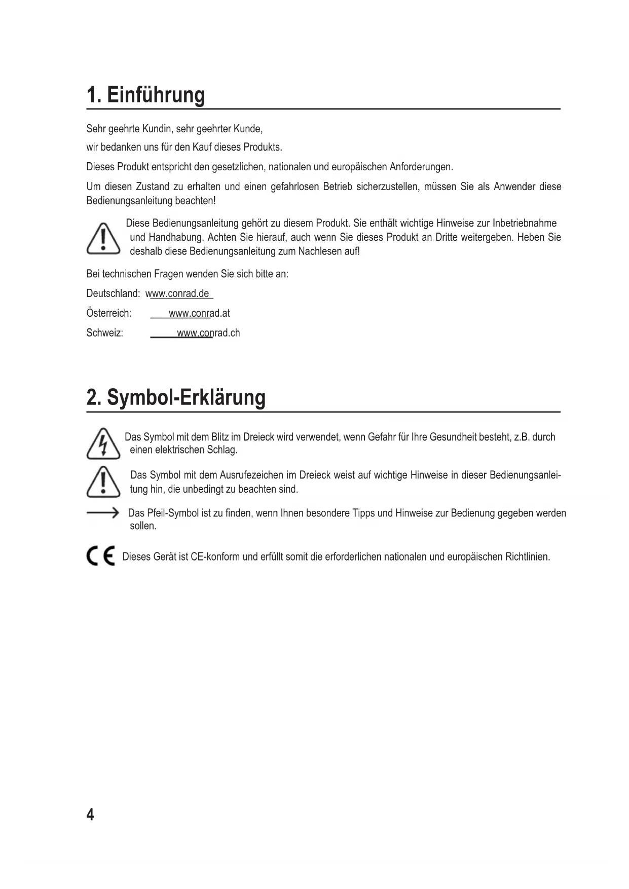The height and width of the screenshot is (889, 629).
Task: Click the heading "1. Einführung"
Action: (146, 95)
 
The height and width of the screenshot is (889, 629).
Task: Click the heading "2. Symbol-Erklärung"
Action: (176, 398)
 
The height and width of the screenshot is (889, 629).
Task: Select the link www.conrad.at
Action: (199, 314)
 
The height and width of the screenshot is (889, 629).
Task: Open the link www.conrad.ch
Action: (208, 334)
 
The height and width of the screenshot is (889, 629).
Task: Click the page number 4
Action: (90, 815)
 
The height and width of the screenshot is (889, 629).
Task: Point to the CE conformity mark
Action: (101, 557)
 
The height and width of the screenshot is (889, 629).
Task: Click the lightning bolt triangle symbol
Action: (103, 444)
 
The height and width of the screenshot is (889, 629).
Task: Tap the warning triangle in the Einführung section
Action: (103, 238)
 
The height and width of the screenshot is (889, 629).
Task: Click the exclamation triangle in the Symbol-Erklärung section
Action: (103, 482)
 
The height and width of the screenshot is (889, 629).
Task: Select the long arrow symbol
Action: (102, 513)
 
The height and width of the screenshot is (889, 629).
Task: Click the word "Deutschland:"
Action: (113, 294)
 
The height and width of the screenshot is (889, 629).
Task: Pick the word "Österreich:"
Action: (109, 314)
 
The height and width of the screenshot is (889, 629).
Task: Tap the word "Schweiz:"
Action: (105, 334)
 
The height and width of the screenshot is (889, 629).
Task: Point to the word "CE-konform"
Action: (215, 557)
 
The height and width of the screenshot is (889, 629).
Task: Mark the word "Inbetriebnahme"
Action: (525, 224)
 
